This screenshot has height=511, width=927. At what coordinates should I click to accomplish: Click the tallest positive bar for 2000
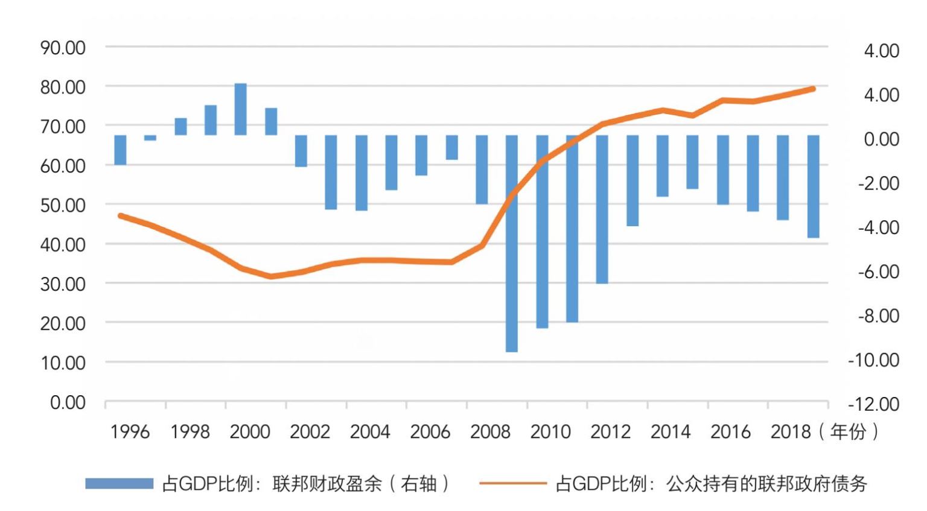(240, 109)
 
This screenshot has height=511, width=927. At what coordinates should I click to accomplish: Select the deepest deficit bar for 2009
(512, 243)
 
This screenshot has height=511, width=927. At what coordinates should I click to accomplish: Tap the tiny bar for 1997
(150, 138)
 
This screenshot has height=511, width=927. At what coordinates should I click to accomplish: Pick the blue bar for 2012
(602, 209)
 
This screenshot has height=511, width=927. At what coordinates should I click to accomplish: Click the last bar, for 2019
(813, 186)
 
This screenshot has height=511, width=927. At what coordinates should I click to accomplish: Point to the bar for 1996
(120, 150)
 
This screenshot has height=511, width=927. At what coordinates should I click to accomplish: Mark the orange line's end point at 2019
(813, 89)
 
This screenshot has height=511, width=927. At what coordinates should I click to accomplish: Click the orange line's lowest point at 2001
(270, 276)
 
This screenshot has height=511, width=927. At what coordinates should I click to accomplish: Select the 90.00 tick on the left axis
(63, 48)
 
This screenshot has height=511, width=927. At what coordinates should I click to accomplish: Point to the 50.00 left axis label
(63, 205)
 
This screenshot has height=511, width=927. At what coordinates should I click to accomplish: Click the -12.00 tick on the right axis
(873, 404)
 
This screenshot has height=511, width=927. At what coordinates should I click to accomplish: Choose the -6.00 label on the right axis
(878, 271)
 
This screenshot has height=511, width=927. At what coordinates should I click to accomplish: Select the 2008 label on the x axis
(490, 432)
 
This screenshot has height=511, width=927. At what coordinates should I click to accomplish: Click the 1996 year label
(130, 432)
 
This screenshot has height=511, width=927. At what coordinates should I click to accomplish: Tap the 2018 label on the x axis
(791, 432)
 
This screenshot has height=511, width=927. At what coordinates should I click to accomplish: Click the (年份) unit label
(848, 432)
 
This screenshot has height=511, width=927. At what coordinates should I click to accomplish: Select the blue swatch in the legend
(119, 484)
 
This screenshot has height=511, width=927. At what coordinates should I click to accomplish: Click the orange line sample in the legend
(512, 484)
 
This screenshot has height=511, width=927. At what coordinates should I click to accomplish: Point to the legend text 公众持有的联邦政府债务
(766, 484)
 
